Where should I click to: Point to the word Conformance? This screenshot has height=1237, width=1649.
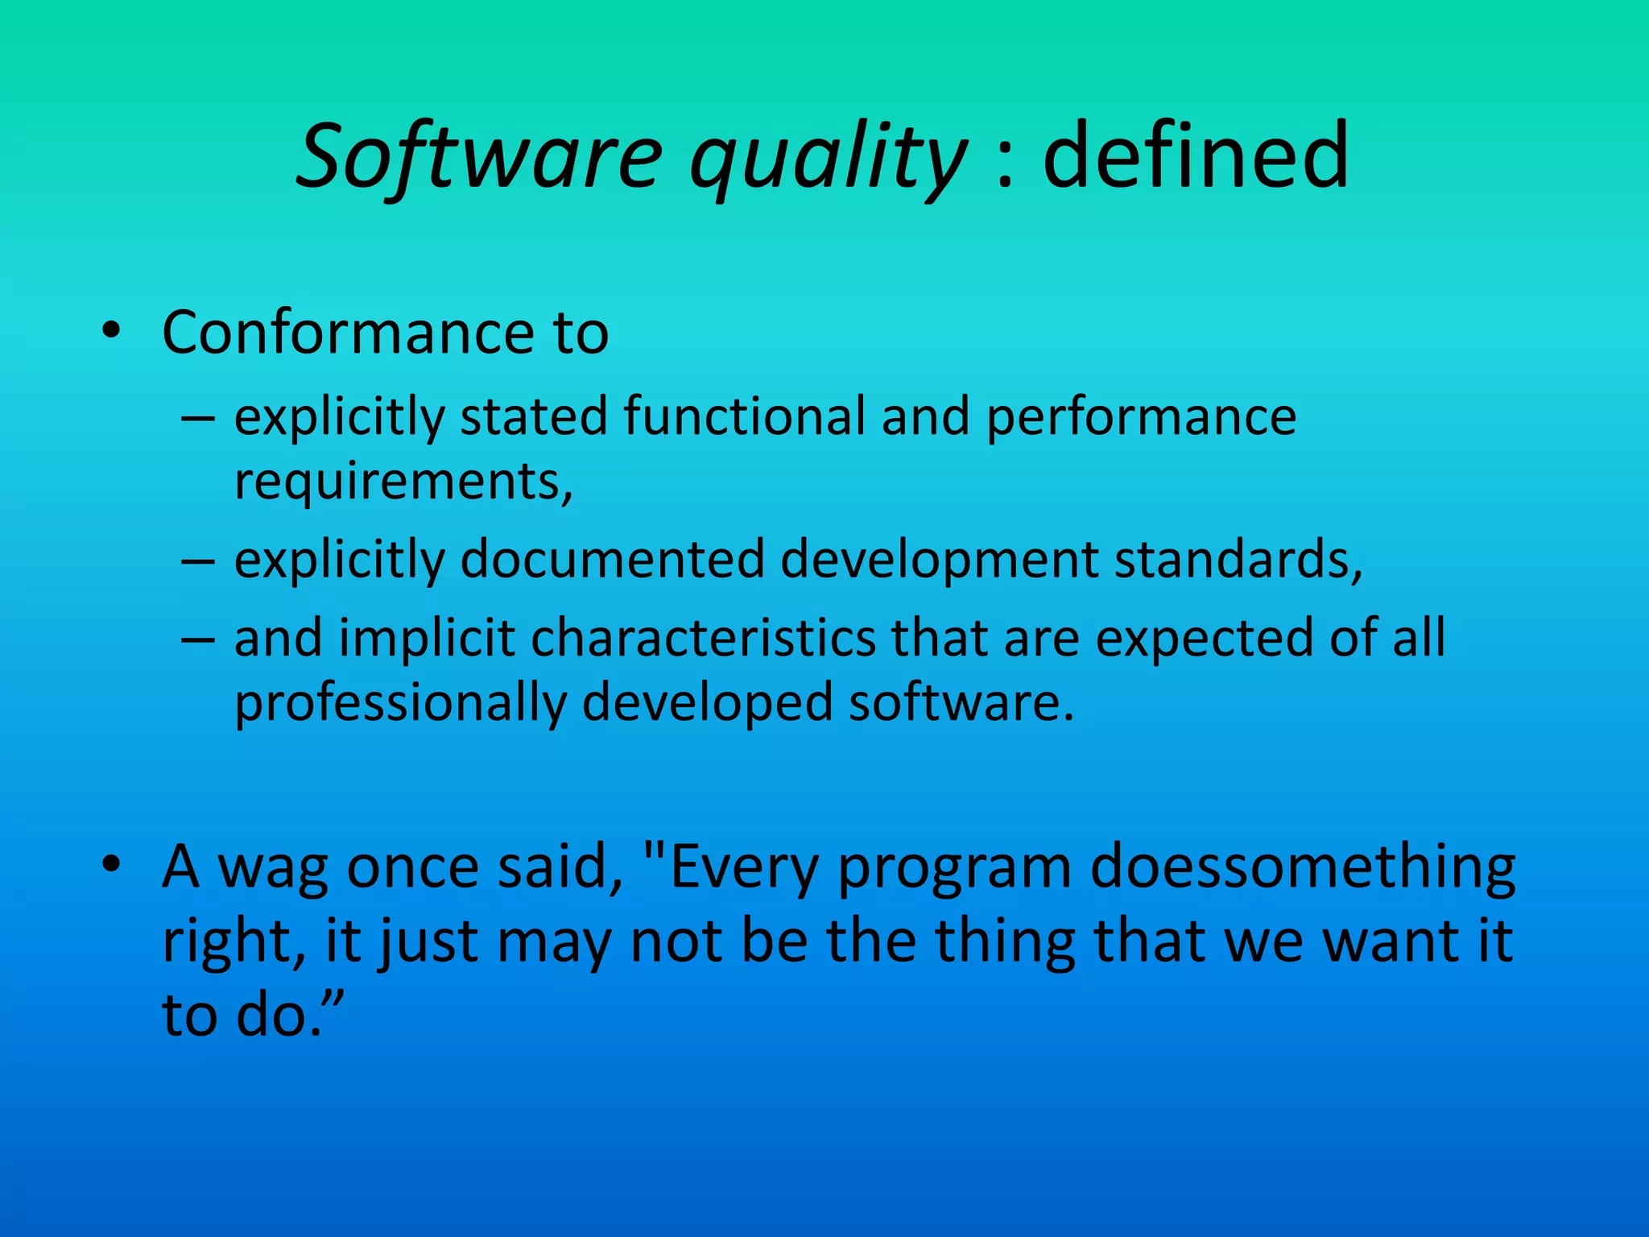pos(348,332)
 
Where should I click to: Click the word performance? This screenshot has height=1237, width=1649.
pos(1141,418)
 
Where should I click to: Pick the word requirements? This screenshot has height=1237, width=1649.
pos(402,482)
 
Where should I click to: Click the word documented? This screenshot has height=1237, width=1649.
pos(612,559)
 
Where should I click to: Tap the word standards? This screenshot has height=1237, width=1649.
pos(1238,559)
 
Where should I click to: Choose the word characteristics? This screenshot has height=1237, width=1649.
pos(702,638)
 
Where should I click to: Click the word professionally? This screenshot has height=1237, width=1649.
pos(400,704)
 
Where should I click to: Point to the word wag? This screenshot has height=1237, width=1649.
pos(273,869)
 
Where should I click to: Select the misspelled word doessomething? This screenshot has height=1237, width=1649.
pos(1302,869)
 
